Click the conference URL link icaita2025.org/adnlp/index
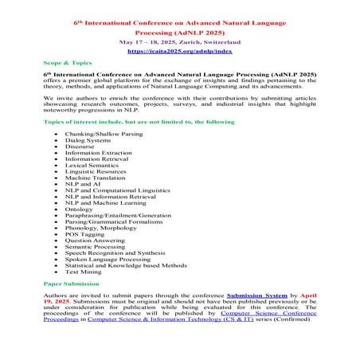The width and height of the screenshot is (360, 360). point(179,49)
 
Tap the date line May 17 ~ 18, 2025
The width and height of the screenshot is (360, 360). point(179,39)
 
